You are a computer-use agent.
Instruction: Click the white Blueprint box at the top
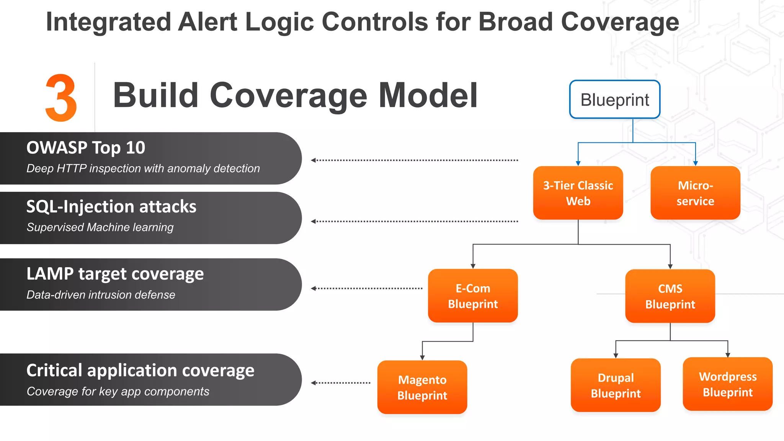(614, 100)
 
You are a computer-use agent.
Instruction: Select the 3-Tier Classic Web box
(578, 193)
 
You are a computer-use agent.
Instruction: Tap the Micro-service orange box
(695, 193)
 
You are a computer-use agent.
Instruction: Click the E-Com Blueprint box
(473, 296)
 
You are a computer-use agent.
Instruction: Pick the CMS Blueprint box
(670, 296)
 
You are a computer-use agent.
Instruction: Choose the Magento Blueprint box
(422, 387)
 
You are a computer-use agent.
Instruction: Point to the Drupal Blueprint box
(616, 385)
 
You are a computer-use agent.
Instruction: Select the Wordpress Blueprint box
(727, 384)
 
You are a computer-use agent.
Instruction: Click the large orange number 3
(61, 98)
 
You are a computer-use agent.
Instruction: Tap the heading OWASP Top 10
(86, 148)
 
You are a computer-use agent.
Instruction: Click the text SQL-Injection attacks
(111, 207)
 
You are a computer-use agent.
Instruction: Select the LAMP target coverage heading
(115, 274)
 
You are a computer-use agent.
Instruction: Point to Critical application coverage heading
(140, 371)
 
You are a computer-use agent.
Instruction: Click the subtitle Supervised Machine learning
(100, 227)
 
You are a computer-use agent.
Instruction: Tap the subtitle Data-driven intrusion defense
(101, 295)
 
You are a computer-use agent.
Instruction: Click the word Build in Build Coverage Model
(155, 95)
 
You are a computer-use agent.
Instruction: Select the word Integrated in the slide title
(108, 22)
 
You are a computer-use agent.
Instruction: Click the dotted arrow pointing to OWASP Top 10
(414, 160)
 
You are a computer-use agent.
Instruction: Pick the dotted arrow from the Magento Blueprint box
(341, 383)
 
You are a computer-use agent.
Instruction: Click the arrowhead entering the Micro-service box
(696, 163)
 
